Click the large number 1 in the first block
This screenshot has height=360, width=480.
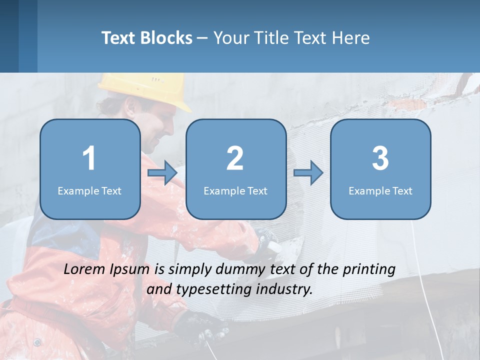pyautogui.click(x=89, y=158)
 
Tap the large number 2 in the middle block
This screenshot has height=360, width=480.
pyautogui.click(x=235, y=158)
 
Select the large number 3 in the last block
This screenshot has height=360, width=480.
pyautogui.click(x=380, y=158)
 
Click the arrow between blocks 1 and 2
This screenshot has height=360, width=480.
pyautogui.click(x=162, y=173)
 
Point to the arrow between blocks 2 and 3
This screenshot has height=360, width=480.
pyautogui.click(x=308, y=173)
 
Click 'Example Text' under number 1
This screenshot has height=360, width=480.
pyautogui.click(x=89, y=190)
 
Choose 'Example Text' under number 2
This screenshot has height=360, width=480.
pyautogui.click(x=235, y=190)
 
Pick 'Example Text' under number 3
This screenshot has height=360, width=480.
pyautogui.click(x=380, y=190)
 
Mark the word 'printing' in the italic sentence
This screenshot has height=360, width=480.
pyautogui.click(x=369, y=269)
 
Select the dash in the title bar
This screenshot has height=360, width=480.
pyautogui.click(x=202, y=38)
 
